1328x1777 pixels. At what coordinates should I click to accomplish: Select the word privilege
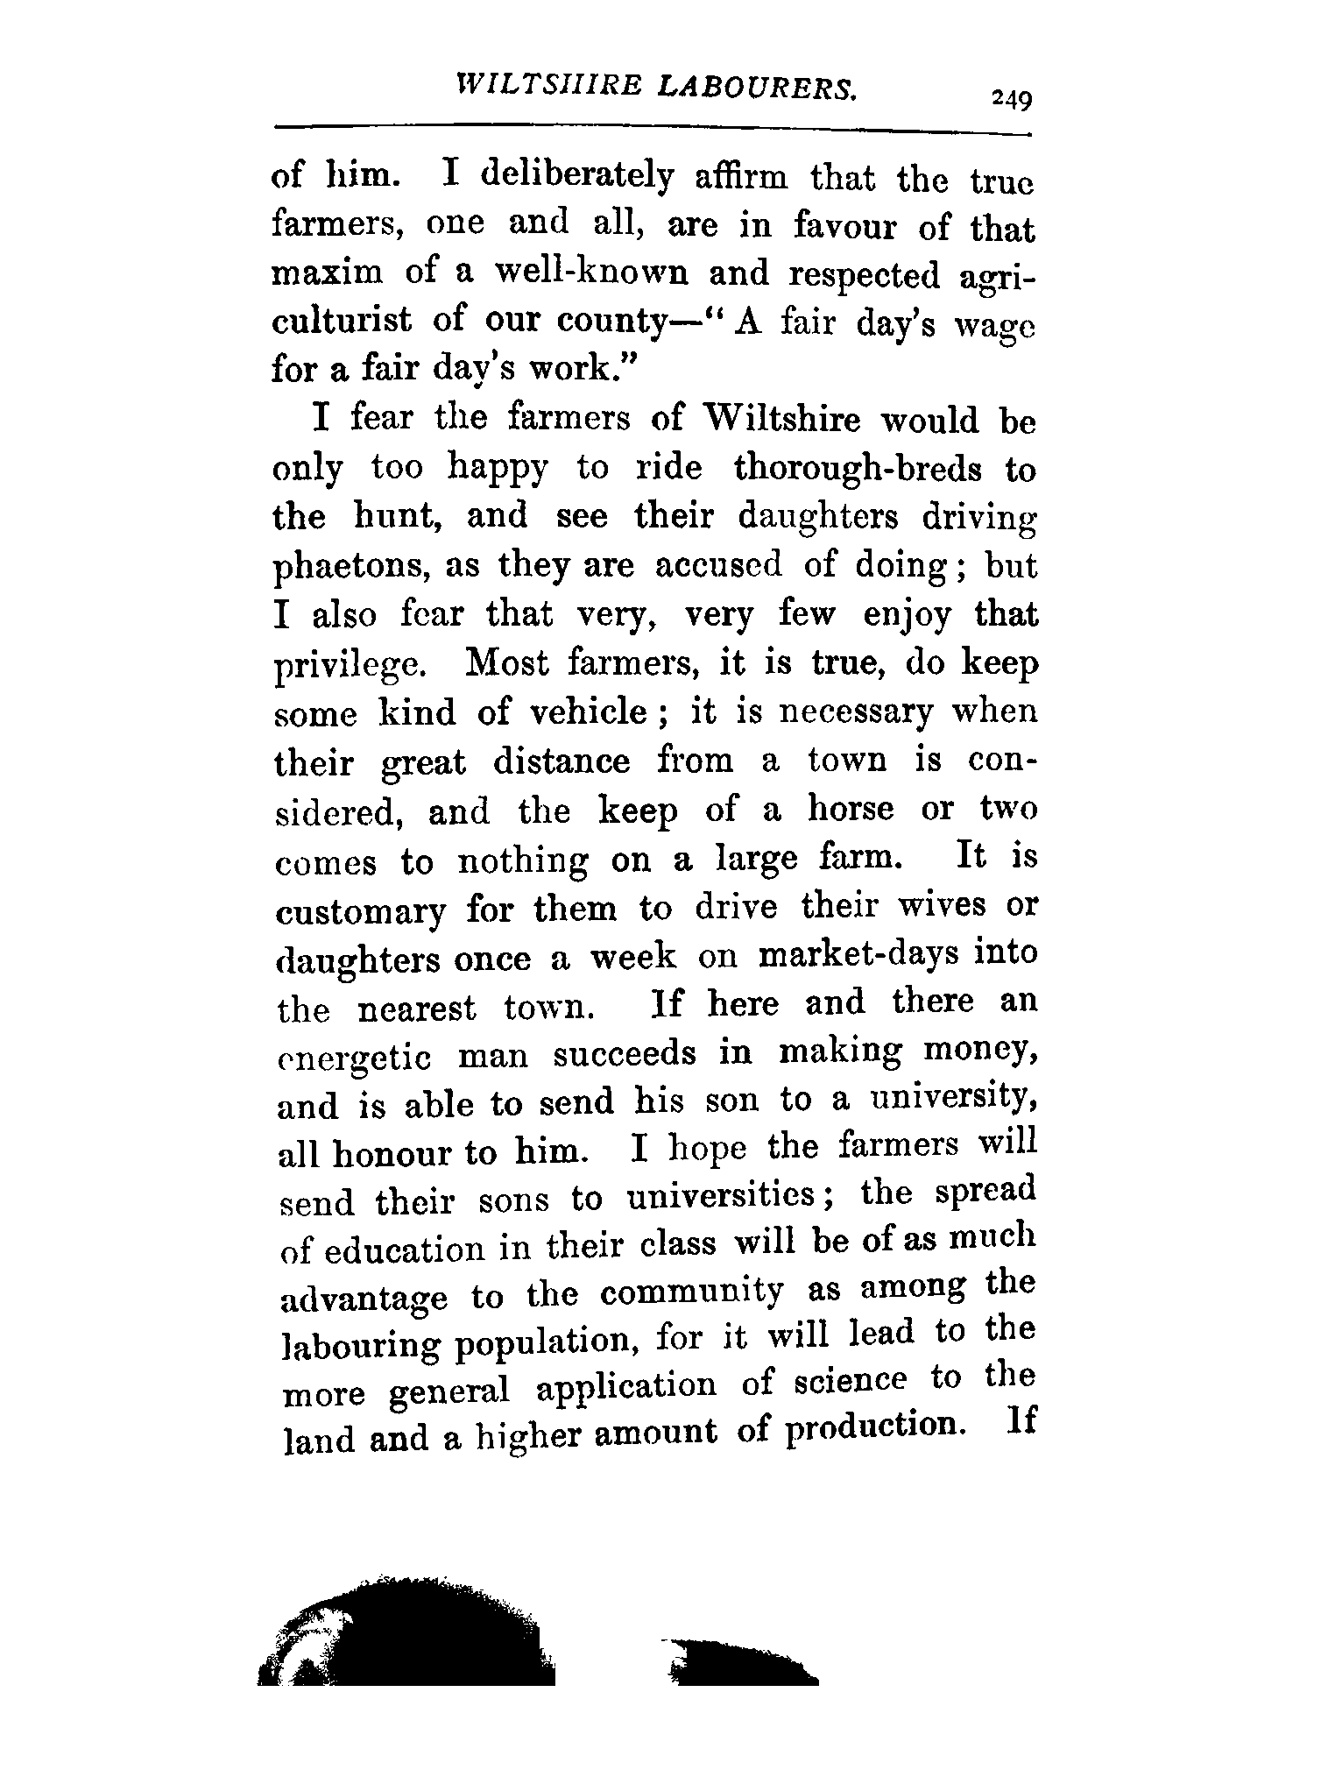click(x=349, y=666)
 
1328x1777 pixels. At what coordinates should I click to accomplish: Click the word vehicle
click(x=590, y=713)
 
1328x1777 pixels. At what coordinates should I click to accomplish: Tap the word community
click(x=693, y=1292)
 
